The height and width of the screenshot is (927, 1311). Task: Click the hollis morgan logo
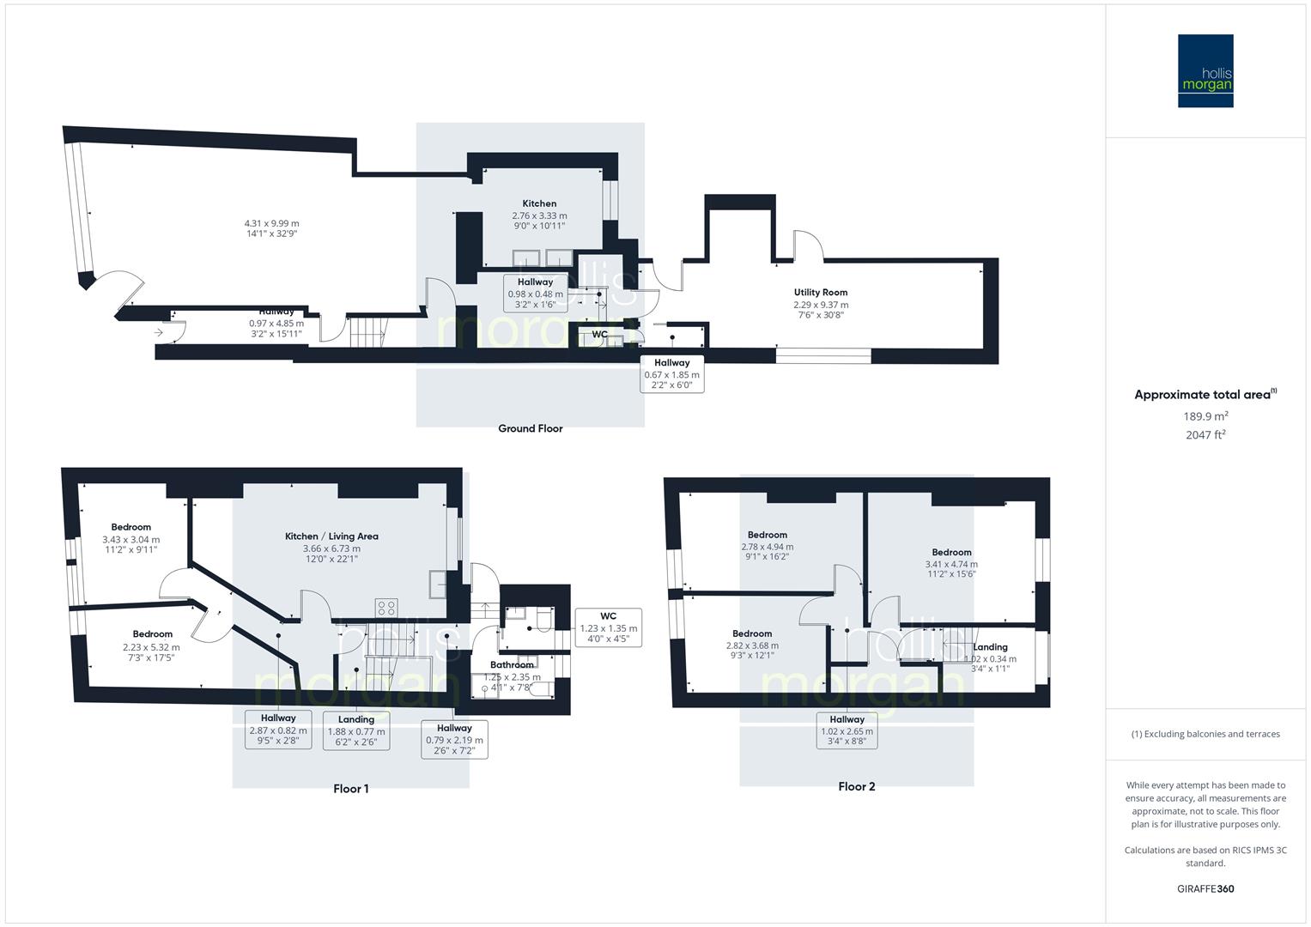click(x=1205, y=71)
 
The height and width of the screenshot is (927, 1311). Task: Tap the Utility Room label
click(x=821, y=292)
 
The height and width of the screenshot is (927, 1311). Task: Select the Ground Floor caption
click(x=530, y=428)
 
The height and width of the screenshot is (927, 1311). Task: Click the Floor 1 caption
click(x=351, y=788)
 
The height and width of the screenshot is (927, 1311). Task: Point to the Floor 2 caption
click(x=857, y=786)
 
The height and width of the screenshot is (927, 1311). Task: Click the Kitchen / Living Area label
click(x=331, y=536)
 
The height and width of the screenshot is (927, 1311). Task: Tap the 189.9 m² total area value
click(x=1205, y=416)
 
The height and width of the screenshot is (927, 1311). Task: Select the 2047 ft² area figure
click(x=1205, y=434)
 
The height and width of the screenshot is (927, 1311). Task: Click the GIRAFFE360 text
click(x=1205, y=888)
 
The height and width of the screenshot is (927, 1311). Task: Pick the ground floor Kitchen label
click(x=539, y=203)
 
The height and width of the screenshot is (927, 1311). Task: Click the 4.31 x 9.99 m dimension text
click(x=271, y=223)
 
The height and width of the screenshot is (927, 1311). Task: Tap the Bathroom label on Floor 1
click(x=513, y=664)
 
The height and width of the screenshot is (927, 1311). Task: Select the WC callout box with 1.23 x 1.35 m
click(x=608, y=628)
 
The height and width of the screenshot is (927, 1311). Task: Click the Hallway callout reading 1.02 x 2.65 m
click(x=847, y=730)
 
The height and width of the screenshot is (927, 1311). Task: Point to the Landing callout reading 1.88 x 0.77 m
click(x=356, y=730)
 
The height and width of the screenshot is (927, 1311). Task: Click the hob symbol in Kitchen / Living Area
click(x=385, y=608)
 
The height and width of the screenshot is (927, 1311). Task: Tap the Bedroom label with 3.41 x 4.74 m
click(x=951, y=552)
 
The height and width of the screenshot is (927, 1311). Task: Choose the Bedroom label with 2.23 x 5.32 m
click(x=153, y=634)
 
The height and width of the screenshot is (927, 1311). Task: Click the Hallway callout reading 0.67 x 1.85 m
click(x=671, y=374)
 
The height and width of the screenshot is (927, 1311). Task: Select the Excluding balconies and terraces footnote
click(x=1205, y=734)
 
